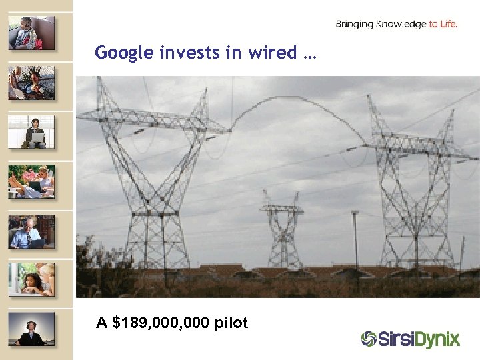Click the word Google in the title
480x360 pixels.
(125, 53)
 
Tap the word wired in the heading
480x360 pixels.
(275, 53)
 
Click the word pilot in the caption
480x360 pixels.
(231, 323)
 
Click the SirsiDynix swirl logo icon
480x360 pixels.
(369, 339)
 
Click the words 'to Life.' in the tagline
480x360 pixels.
(443, 25)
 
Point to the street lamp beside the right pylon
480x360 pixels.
(355, 240)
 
